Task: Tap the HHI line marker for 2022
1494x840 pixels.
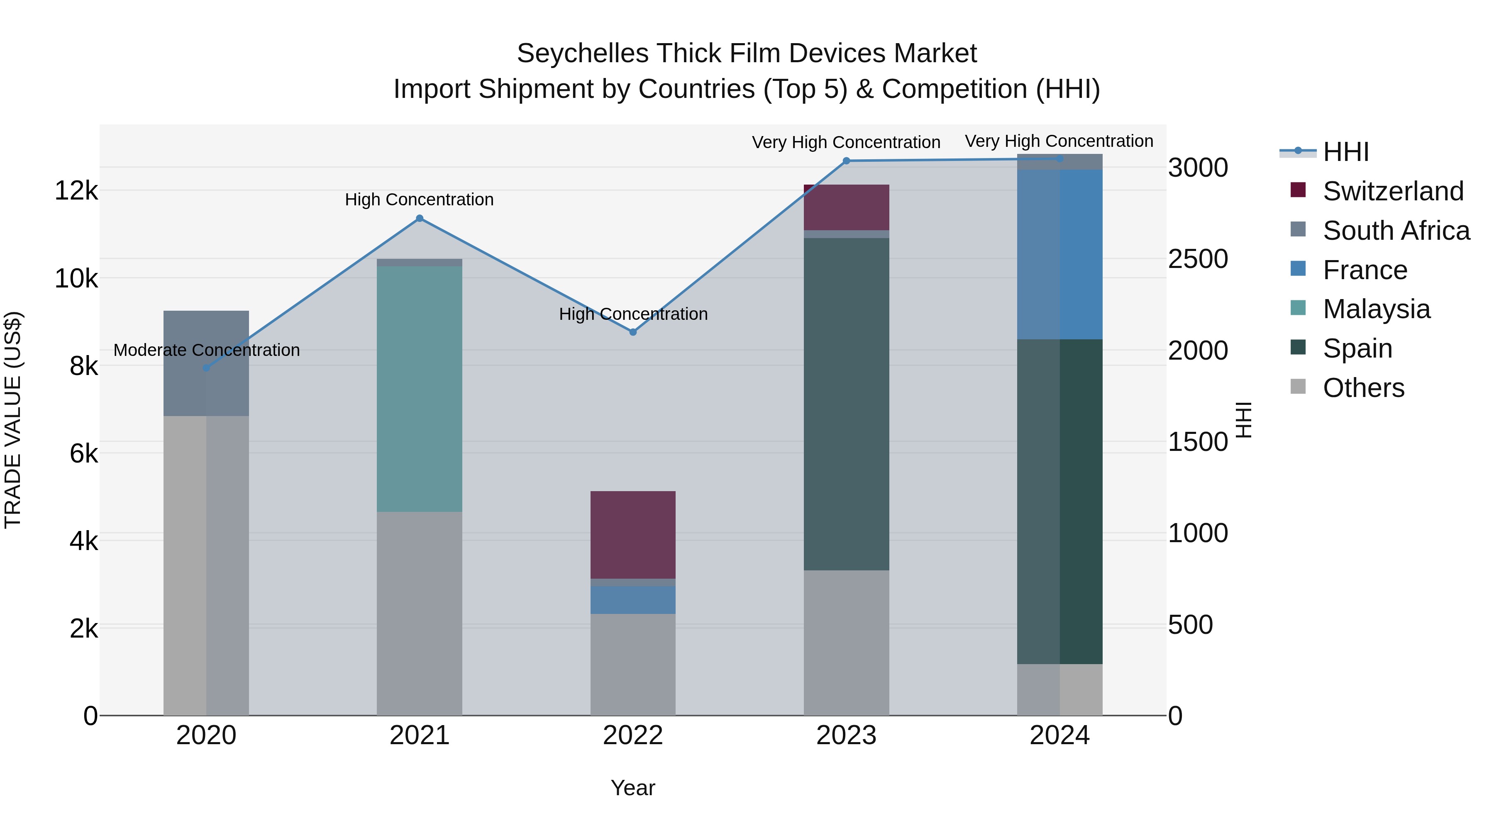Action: [x=633, y=332]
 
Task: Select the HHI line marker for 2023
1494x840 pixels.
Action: [x=846, y=161]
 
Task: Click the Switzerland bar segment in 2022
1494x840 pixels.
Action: [x=633, y=535]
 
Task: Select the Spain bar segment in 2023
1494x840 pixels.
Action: [x=846, y=404]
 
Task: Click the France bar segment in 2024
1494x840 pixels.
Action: [x=1059, y=254]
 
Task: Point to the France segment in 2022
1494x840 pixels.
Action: [x=633, y=599]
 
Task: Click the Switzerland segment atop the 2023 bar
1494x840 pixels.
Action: [x=846, y=207]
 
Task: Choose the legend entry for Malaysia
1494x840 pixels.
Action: [x=1376, y=309]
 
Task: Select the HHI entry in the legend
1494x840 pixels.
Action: [x=1345, y=152]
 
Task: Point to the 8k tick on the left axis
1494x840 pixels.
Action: [x=83, y=366]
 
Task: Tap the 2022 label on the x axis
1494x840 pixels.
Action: [x=633, y=735]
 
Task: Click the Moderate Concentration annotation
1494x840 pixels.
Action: [x=207, y=350]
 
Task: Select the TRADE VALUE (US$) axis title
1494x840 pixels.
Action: [x=13, y=420]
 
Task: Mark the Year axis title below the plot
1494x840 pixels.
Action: [x=633, y=788]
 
